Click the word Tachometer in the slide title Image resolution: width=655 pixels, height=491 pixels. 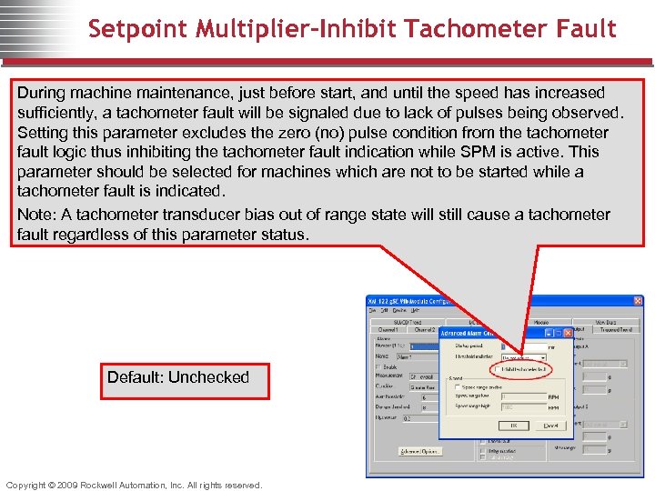click(x=469, y=29)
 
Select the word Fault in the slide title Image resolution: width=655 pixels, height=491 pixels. click(x=587, y=29)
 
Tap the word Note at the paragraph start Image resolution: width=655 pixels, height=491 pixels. click(x=35, y=215)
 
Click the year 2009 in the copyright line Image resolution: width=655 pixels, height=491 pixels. click(x=68, y=485)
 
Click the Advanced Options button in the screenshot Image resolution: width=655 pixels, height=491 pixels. click(x=419, y=451)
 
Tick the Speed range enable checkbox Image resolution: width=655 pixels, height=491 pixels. click(x=457, y=386)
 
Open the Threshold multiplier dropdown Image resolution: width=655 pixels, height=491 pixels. click(x=542, y=357)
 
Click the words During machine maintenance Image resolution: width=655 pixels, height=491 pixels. click(x=100, y=93)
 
